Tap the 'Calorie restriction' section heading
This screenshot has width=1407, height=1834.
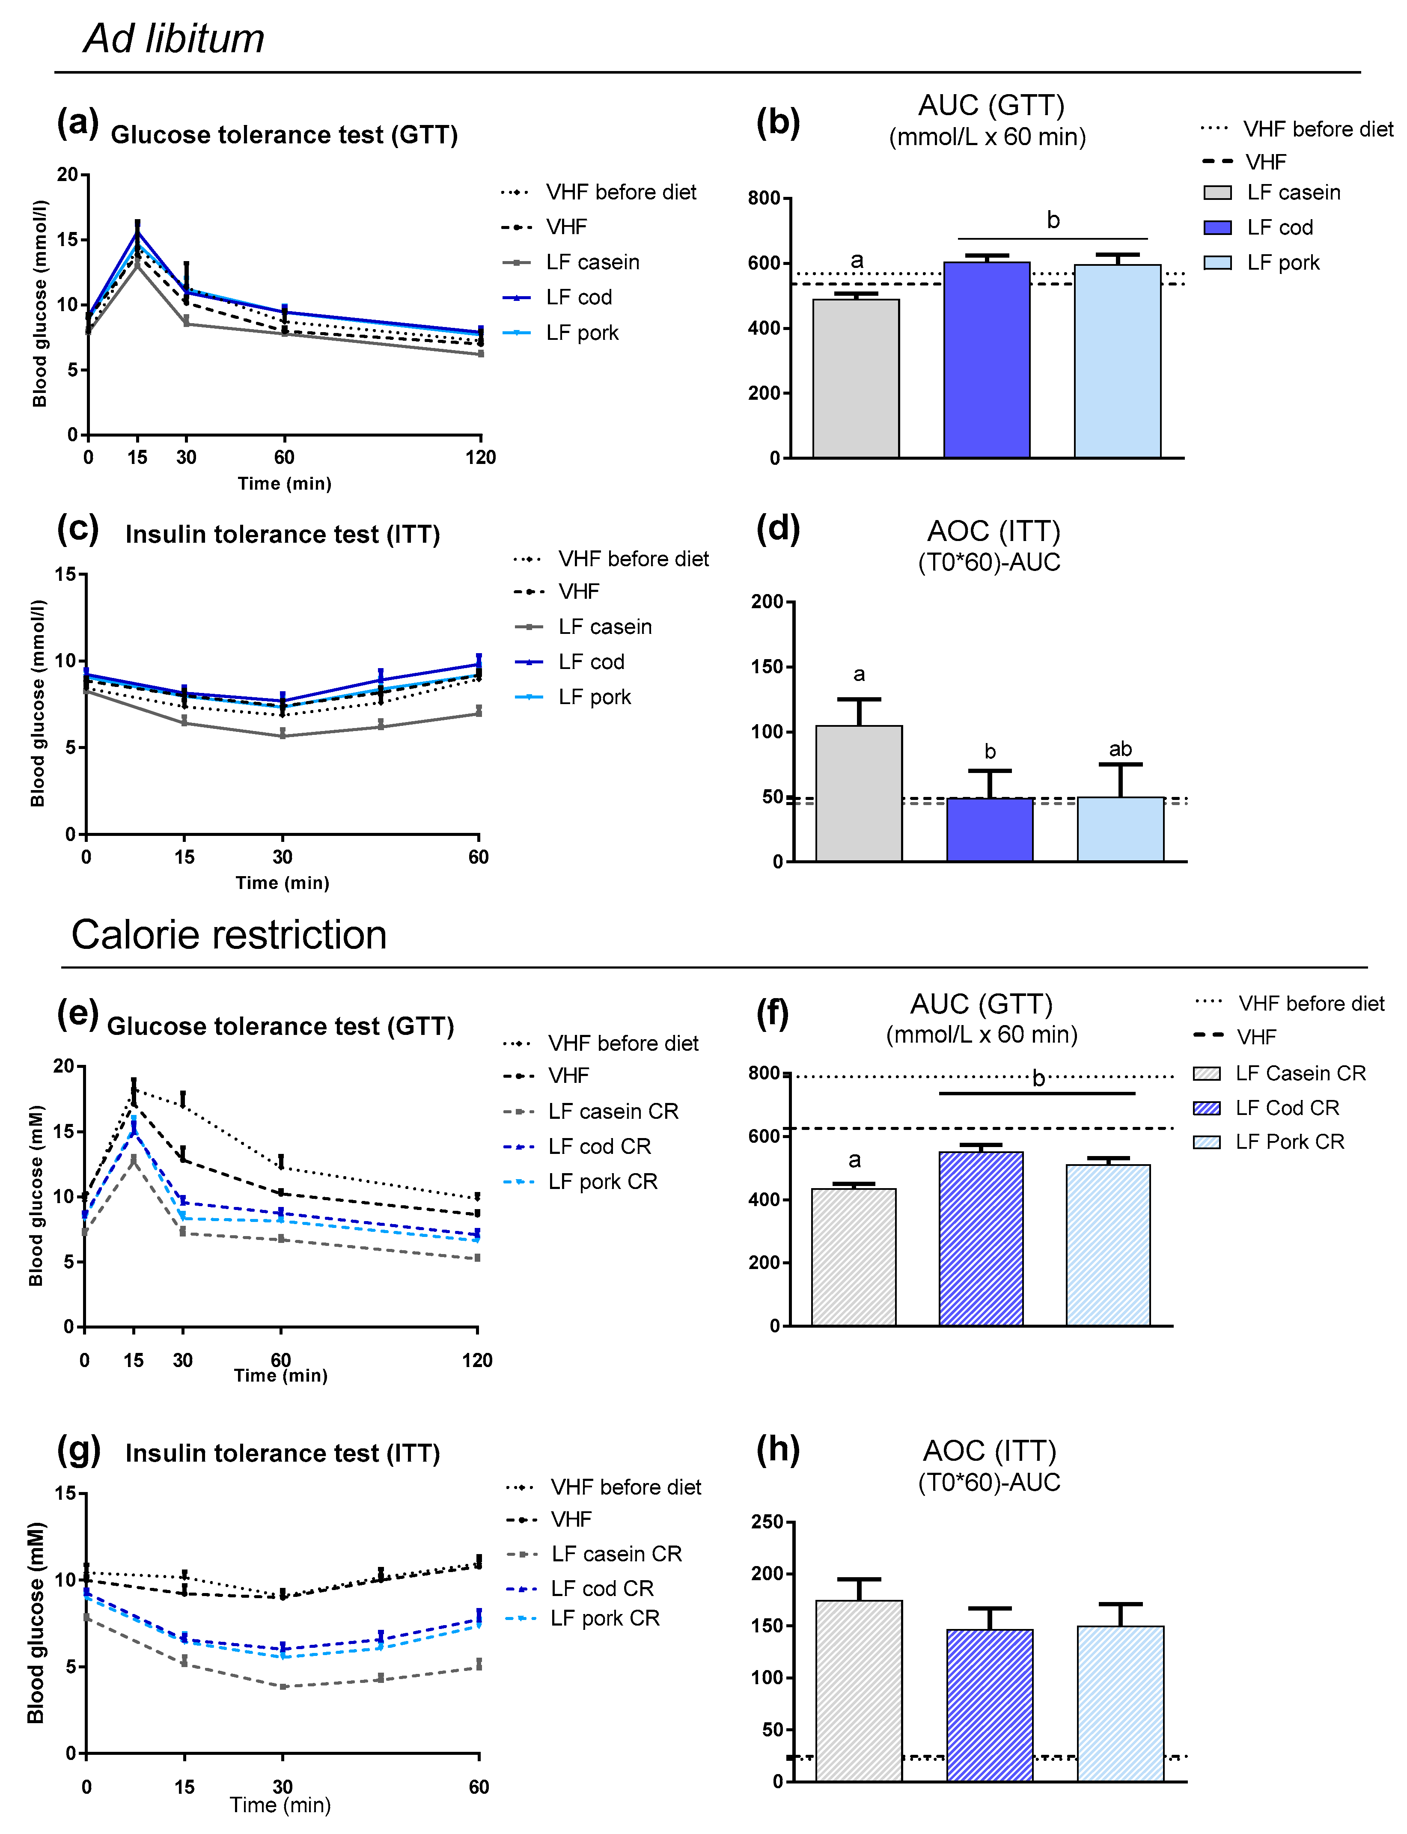click(x=229, y=935)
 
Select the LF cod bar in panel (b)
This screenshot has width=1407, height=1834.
click(x=987, y=360)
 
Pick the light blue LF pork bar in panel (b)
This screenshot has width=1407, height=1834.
click(x=1117, y=362)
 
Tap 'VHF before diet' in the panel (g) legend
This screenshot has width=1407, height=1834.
click(x=625, y=1487)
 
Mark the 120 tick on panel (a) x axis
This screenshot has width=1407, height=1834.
click(x=481, y=457)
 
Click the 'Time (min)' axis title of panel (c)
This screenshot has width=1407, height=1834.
click(x=282, y=883)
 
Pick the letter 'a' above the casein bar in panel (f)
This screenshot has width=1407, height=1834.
click(x=854, y=1160)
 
